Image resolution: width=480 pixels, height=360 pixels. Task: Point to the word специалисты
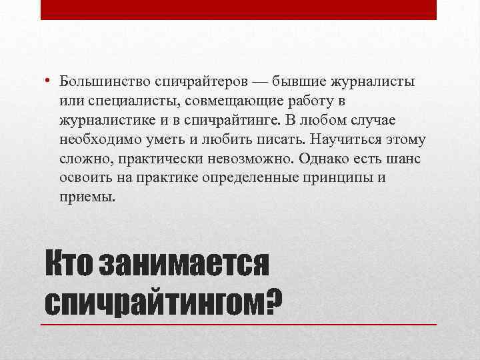[129, 101]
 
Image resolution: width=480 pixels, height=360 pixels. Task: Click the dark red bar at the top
[239, 9]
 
